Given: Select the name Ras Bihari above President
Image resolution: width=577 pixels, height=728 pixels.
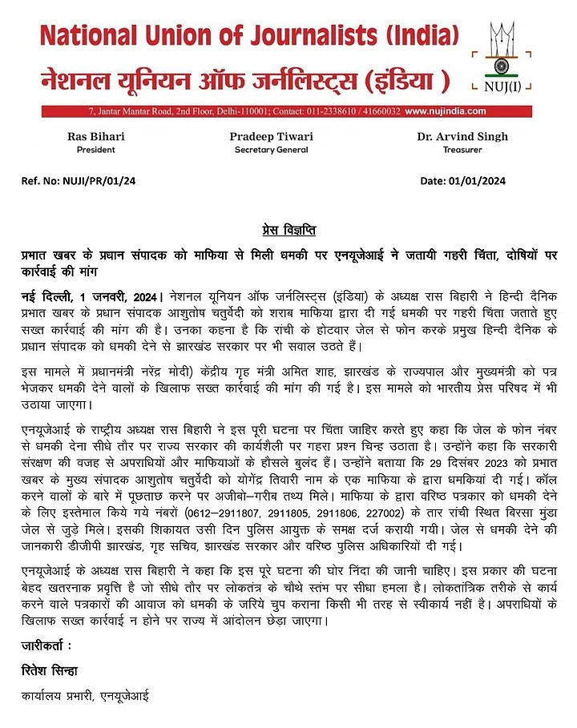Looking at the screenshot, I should tap(96, 136).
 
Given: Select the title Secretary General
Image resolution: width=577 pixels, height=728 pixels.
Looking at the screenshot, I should tap(271, 150).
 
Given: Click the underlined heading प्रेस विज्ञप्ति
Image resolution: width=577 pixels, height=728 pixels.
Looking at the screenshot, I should tap(288, 231).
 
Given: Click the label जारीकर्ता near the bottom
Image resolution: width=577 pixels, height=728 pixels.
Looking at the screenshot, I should tap(46, 645).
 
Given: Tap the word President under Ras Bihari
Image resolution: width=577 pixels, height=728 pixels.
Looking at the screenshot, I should tap(96, 150).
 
